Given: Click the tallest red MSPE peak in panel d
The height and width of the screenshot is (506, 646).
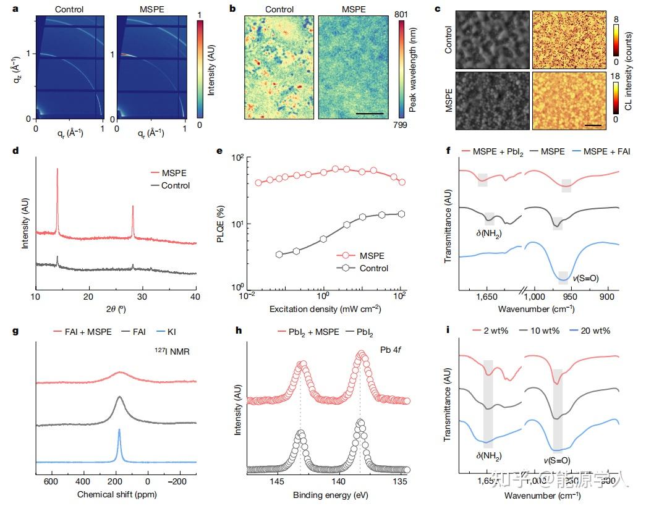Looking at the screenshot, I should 57,170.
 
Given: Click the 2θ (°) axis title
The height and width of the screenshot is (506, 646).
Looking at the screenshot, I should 116,309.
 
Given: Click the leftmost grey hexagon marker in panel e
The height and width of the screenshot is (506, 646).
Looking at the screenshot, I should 279,254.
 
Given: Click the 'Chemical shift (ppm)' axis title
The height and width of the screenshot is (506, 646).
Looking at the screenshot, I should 116,495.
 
